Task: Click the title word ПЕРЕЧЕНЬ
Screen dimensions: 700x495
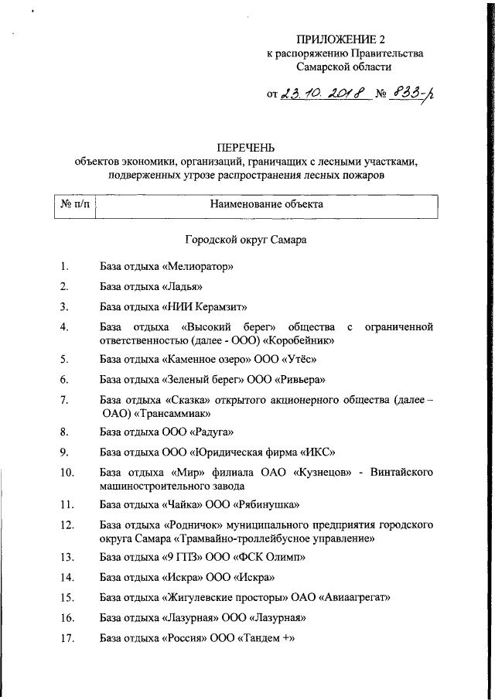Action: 246,148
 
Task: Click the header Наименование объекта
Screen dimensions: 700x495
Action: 267,205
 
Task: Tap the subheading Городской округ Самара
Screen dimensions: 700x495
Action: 246,240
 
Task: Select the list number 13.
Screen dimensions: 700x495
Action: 67,558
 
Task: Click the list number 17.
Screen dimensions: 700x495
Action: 67,638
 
